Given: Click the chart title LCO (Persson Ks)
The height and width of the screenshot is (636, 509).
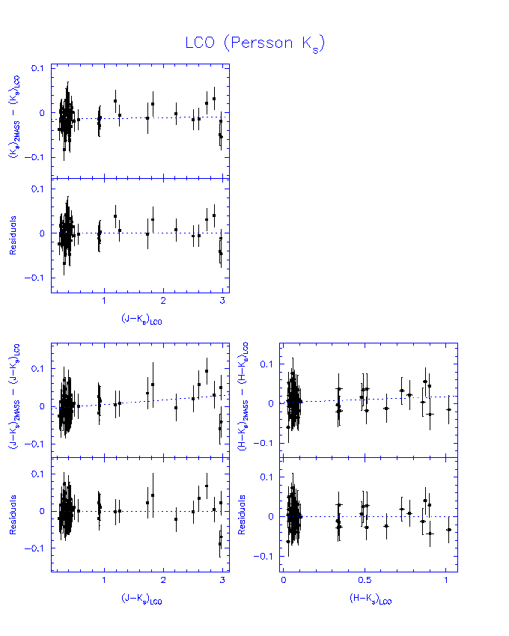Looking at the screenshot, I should [254, 43].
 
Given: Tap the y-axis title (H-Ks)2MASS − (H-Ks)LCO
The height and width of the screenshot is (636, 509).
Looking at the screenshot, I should [243, 400].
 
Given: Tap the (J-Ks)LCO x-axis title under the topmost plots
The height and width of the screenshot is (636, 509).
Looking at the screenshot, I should [141, 319].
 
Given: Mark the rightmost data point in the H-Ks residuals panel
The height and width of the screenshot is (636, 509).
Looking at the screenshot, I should [448, 530].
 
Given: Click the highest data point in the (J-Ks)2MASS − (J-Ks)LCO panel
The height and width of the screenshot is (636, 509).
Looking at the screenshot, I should [207, 371].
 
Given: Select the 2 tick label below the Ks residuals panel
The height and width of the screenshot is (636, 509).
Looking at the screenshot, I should [162, 301].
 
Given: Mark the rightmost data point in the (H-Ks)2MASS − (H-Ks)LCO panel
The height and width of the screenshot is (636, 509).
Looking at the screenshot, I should [448, 409].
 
